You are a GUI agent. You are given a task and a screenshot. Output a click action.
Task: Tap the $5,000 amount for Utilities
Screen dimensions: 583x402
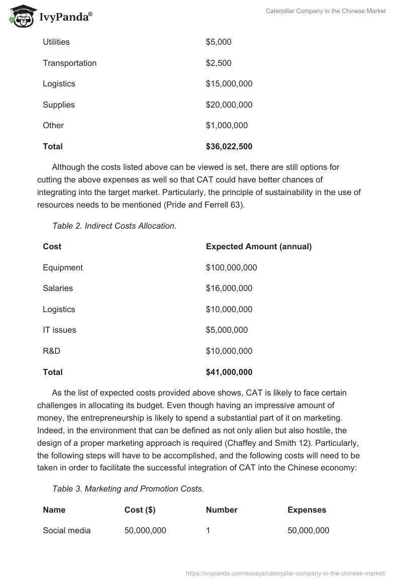tap(218, 42)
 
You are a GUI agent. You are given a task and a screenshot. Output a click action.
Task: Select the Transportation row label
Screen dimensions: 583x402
tap(69, 63)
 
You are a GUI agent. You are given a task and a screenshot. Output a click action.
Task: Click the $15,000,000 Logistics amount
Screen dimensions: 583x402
tap(229, 84)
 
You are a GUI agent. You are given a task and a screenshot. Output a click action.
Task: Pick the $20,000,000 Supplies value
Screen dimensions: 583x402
tap(229, 105)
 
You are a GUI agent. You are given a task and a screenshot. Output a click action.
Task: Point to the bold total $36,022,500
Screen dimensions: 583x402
tap(229, 147)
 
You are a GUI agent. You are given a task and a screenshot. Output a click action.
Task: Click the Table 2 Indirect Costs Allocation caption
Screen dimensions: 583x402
tap(114, 226)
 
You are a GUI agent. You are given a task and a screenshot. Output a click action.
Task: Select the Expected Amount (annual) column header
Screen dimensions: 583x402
tap(258, 247)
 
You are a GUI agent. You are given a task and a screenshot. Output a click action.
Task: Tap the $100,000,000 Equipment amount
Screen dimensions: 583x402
tap(231, 268)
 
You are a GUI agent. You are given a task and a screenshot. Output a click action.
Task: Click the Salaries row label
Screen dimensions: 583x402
tap(58, 288)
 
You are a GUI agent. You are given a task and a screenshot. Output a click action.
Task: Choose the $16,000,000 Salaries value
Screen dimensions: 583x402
tap(229, 288)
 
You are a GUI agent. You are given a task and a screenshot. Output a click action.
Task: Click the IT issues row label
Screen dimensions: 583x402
tap(59, 330)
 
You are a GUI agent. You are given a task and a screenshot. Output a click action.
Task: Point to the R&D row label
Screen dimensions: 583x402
tap(51, 351)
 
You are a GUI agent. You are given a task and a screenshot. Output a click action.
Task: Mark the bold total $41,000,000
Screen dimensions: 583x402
tap(229, 372)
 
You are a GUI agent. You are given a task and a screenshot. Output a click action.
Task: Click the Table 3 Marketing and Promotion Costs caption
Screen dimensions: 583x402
tap(128, 489)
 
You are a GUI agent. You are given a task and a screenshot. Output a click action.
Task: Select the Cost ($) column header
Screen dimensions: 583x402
tap(140, 510)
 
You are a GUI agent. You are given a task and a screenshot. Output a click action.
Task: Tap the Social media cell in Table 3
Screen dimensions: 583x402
tap(66, 531)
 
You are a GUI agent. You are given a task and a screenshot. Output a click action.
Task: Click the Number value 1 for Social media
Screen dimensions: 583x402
tap(208, 531)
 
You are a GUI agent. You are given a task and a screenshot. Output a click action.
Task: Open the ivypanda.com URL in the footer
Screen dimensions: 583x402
tap(285, 573)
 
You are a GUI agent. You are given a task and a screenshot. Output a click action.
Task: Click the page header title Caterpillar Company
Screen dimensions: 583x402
tap(325, 11)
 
